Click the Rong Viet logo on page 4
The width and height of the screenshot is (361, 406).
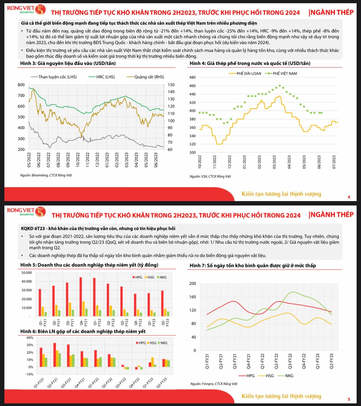[26, 10]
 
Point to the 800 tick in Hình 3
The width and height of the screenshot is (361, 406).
[21, 85]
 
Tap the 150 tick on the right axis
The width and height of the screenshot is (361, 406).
[171, 85]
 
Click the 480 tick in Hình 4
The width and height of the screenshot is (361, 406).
[192, 77]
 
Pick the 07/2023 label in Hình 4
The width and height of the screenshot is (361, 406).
[334, 162]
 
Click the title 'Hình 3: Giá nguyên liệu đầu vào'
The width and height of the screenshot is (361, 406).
[68, 63]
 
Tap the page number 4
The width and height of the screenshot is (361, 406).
[349, 197]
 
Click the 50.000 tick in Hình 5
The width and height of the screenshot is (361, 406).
[27, 273]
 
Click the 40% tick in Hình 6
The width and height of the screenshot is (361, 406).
[30, 338]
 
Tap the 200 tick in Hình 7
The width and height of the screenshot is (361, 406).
[193, 284]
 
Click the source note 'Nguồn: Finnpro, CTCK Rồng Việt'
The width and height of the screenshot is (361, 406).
[214, 384]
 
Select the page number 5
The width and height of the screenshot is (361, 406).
[349, 399]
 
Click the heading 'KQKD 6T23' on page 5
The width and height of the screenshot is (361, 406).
[98, 228]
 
